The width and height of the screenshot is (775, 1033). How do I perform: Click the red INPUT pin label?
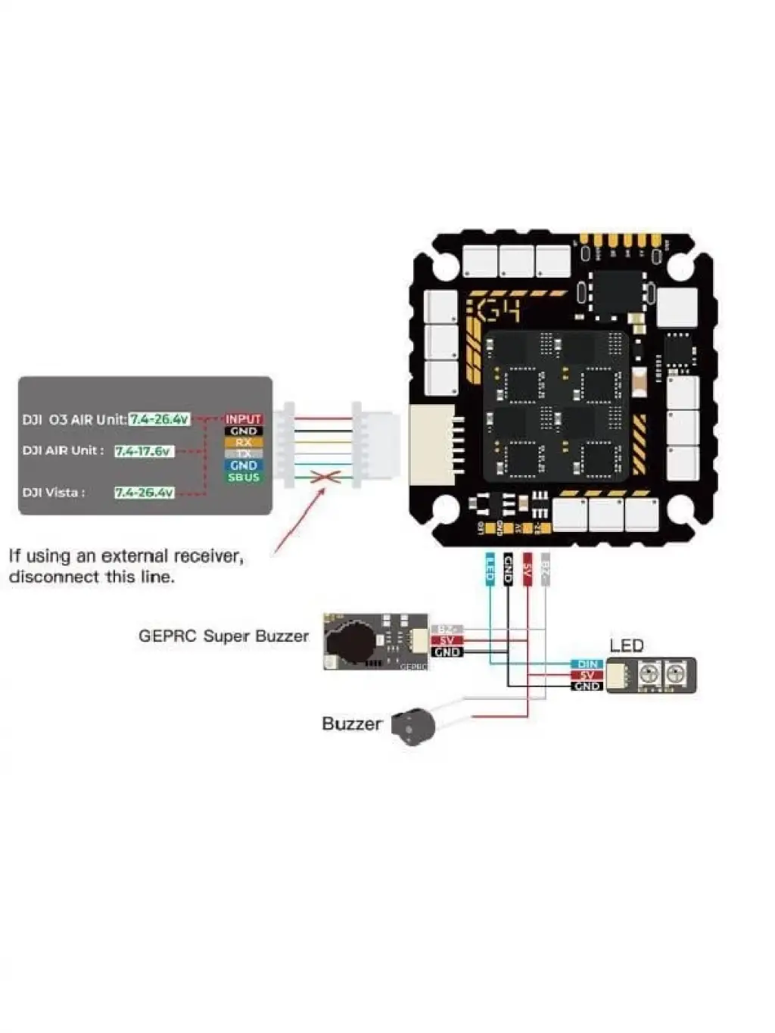(243, 419)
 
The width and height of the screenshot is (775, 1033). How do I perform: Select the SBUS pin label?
(243, 478)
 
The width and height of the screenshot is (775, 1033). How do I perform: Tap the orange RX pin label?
(243, 443)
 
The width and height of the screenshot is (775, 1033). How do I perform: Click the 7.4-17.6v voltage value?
(144, 451)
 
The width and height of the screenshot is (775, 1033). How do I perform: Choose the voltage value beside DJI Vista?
(144, 493)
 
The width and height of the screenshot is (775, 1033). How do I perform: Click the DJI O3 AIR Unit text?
(73, 419)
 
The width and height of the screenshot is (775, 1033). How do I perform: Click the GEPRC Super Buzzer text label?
(223, 636)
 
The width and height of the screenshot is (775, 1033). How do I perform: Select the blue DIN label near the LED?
(587, 664)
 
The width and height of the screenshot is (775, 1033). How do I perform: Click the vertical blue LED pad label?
(489, 568)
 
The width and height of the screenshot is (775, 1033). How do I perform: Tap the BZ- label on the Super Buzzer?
(447, 630)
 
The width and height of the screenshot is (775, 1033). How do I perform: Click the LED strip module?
(651, 674)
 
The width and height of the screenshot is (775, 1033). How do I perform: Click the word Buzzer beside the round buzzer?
(351, 724)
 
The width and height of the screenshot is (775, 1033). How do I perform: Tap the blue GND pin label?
(243, 465)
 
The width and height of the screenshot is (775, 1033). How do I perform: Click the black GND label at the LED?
(587, 686)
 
